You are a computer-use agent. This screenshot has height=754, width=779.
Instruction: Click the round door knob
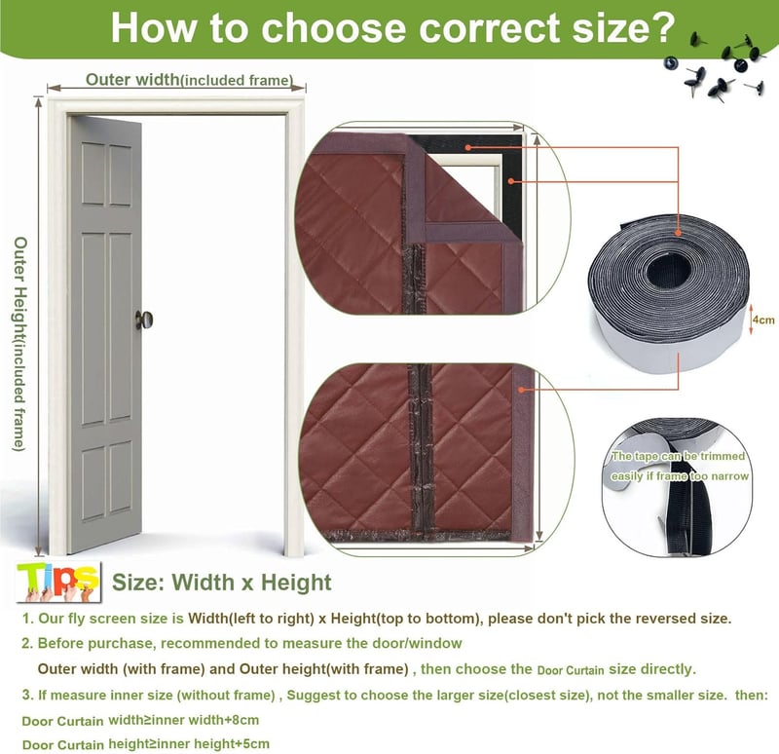tap(144, 320)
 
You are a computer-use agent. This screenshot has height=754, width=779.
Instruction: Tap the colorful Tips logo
tap(58, 582)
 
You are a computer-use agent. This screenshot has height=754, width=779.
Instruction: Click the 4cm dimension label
tap(763, 320)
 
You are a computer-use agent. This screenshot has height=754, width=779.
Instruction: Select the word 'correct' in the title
tap(490, 28)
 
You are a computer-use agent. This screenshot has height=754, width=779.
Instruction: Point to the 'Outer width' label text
tap(132, 79)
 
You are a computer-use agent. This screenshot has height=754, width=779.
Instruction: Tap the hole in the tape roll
tap(669, 270)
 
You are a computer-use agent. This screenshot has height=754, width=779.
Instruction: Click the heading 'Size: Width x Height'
tap(222, 582)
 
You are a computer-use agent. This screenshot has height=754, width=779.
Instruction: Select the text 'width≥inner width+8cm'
tap(184, 720)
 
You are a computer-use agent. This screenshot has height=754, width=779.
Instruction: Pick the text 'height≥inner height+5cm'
tap(189, 743)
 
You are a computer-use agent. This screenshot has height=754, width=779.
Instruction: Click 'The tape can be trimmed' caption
tap(678, 456)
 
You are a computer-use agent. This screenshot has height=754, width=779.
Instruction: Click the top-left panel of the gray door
tap(93, 173)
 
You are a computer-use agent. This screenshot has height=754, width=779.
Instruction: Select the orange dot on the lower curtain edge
tap(521, 390)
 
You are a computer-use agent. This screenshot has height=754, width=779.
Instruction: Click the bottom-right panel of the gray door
tap(121, 478)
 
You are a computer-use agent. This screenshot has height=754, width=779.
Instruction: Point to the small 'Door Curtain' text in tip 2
tap(571, 670)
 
